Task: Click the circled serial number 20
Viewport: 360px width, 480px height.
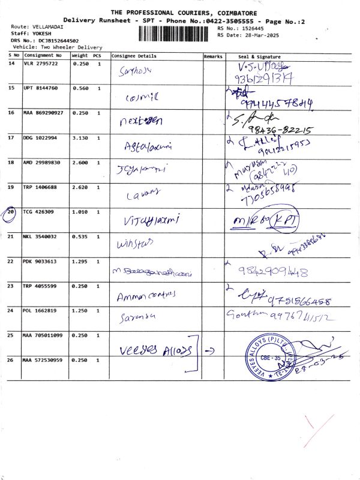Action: pyautogui.click(x=11, y=212)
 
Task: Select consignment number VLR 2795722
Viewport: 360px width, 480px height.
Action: pyautogui.click(x=41, y=63)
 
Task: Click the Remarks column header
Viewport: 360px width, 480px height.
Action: pyautogui.click(x=213, y=56)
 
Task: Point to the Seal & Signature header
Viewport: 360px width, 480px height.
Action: pyautogui.click(x=259, y=56)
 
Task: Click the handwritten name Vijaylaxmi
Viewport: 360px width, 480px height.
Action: pyautogui.click(x=151, y=220)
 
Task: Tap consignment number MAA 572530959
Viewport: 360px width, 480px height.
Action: pyautogui.click(x=43, y=360)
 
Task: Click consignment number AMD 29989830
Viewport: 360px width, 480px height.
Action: pyautogui.click(x=43, y=162)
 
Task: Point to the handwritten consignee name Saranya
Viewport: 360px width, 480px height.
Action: pyautogui.click(x=139, y=316)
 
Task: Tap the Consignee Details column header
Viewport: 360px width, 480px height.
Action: pyautogui.click(x=134, y=56)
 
